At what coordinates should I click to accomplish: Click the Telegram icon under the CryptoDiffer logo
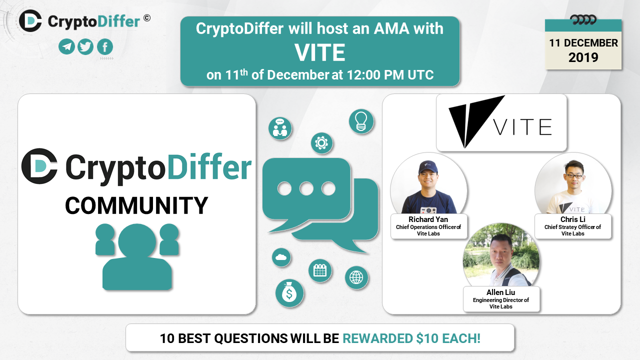coord(67,46)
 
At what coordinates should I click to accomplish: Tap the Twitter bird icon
coord(85,46)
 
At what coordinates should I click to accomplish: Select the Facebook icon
coord(105,46)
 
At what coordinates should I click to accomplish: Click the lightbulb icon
coord(361,121)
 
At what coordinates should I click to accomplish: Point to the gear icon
coord(321,143)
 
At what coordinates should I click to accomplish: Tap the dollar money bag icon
coord(289,293)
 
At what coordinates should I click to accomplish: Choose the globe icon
coord(356,277)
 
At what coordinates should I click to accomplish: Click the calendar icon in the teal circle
coord(320,270)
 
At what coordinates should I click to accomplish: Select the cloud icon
coord(281,257)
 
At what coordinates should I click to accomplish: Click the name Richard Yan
coord(428,219)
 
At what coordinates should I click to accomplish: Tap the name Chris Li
coord(573,219)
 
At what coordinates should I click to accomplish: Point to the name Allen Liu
coord(501,292)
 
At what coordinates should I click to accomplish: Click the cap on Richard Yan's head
coord(428,167)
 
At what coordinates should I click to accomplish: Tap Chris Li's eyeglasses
coord(574,175)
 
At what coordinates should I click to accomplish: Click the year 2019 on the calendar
coord(583,57)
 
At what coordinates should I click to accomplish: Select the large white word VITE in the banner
coord(320,52)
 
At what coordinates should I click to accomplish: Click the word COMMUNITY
coord(136,205)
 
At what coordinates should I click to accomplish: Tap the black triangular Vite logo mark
coord(476,121)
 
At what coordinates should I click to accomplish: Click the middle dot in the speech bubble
coord(306,188)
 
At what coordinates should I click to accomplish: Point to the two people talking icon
coord(280,128)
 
